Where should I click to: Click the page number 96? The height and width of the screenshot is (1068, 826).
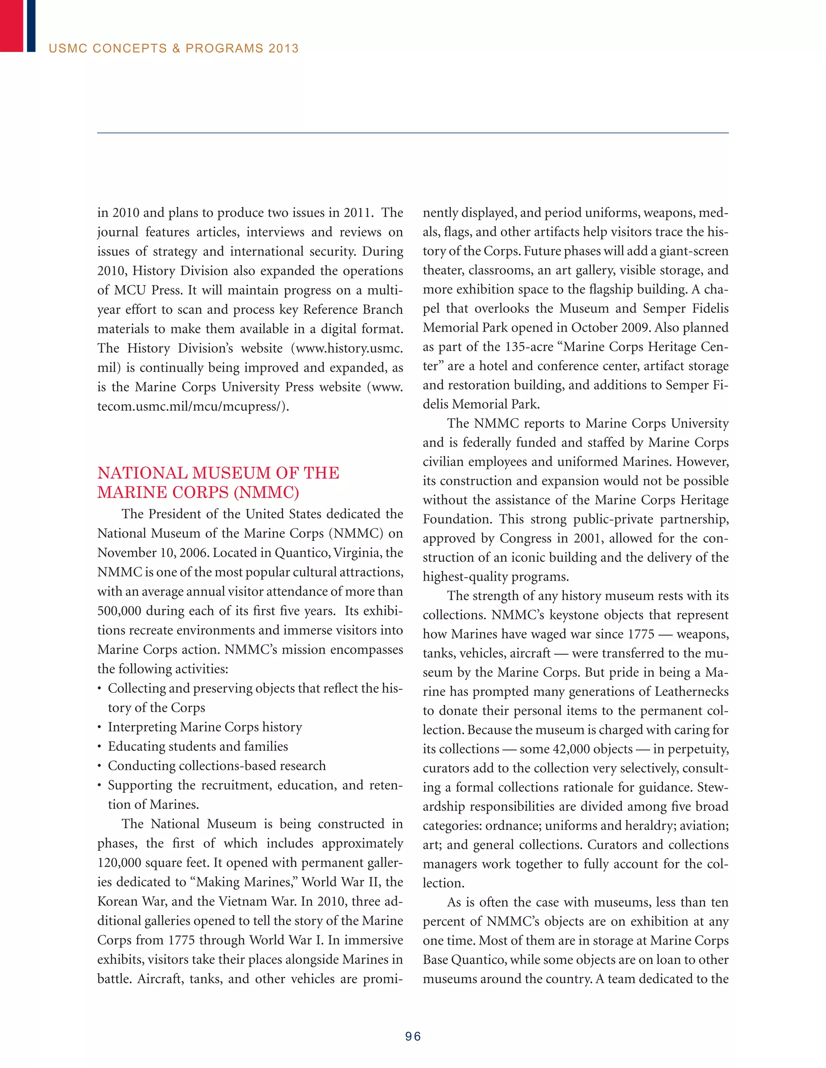point(413,1036)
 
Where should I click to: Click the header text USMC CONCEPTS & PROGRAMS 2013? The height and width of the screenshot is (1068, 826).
point(174,48)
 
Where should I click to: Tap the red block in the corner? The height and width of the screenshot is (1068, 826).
point(11,25)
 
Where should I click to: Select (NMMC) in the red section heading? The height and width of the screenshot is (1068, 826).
point(266,492)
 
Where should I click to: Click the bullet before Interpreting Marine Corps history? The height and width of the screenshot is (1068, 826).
point(99,727)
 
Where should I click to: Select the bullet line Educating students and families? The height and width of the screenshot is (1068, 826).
point(198,746)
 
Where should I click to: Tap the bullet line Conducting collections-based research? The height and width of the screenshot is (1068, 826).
point(217,766)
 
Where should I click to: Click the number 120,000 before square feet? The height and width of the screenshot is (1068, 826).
point(120,862)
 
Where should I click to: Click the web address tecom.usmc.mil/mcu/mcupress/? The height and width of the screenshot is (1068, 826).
point(193,406)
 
